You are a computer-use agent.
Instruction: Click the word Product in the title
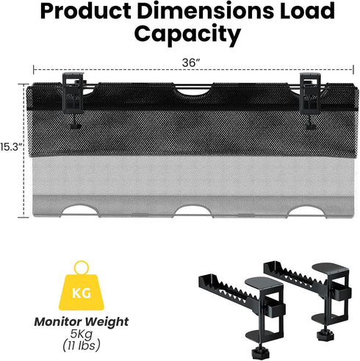point(86,11)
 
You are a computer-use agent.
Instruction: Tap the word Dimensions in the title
point(206,10)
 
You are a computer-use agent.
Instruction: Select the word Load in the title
point(307,10)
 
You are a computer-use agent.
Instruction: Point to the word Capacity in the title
point(187,35)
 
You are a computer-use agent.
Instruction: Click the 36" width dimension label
point(191,63)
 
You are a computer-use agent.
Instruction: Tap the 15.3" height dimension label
point(11,147)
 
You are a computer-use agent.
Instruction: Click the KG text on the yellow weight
point(82,293)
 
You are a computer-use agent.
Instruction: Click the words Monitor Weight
point(82,322)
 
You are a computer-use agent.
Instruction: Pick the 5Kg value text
point(82,334)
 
